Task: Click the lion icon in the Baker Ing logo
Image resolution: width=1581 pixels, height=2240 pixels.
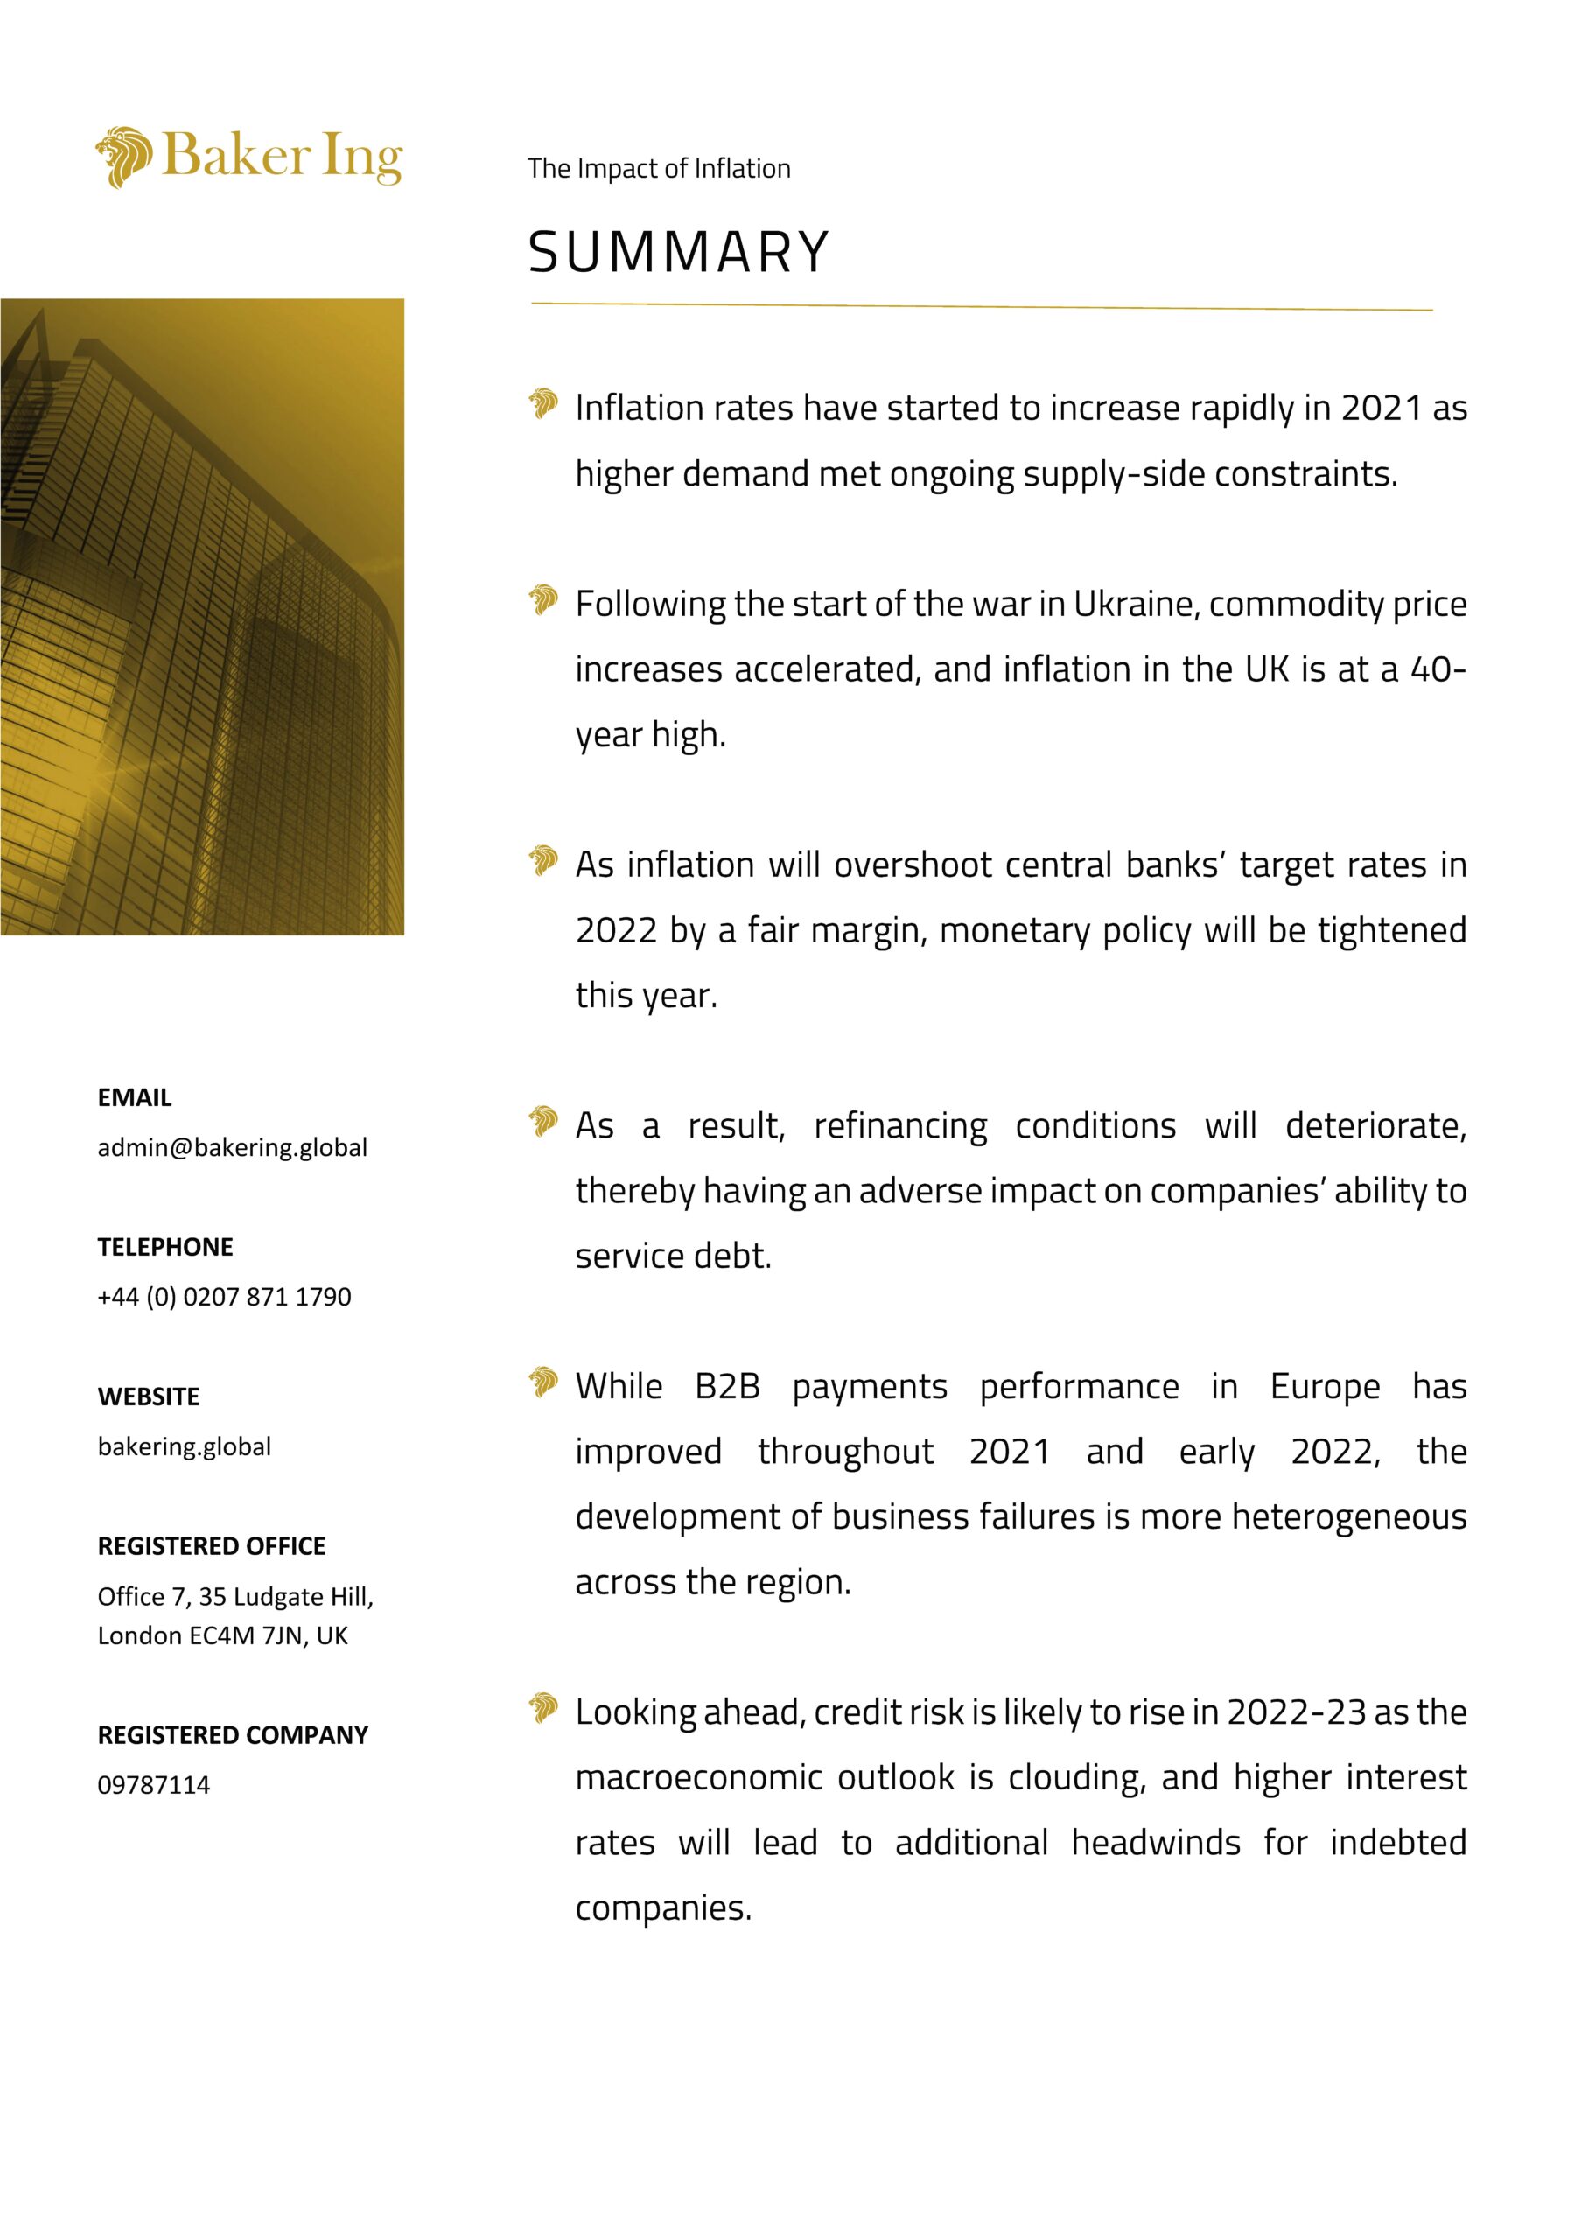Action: [124, 156]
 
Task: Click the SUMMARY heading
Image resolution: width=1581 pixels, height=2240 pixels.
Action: [679, 252]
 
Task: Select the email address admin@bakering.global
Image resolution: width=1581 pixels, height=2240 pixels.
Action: [232, 1147]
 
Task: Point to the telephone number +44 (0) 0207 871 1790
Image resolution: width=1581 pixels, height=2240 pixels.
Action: [224, 1297]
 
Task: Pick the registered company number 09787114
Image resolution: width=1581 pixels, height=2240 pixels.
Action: [154, 1784]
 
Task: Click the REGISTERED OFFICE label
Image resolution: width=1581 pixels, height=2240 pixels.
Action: [212, 1545]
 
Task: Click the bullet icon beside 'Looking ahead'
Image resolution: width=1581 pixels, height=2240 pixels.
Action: [543, 1708]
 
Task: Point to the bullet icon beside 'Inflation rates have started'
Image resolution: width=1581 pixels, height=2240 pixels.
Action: [543, 402]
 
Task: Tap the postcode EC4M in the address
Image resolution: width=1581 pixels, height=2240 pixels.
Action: [221, 1635]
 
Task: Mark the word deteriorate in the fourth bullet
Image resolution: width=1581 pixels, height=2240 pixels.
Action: [1375, 1126]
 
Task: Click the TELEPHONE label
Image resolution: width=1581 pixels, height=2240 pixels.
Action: [164, 1247]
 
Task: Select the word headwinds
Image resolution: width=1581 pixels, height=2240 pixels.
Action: [1156, 1843]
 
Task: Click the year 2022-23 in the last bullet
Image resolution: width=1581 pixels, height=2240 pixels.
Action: [1296, 1712]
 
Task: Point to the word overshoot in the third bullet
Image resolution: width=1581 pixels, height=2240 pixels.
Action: [913, 865]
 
